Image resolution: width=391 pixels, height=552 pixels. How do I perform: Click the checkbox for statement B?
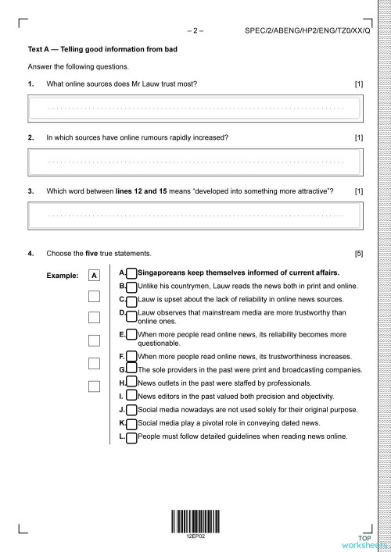tap(131, 287)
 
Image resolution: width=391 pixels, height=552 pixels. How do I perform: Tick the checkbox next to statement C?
tap(131, 299)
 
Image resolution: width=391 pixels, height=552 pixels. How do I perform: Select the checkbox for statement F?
tap(131, 356)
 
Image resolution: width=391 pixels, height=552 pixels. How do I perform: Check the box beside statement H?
tap(131, 383)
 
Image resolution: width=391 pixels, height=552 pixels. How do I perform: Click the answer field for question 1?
tap(195, 106)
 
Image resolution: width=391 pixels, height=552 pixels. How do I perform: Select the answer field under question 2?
tap(195, 161)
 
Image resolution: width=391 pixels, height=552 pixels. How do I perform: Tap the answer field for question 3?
tap(195, 213)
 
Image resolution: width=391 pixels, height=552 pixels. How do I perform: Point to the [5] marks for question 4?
tap(358, 254)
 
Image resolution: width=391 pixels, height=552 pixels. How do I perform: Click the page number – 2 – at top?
tap(195, 31)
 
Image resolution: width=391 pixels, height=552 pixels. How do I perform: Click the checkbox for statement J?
tap(131, 409)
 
